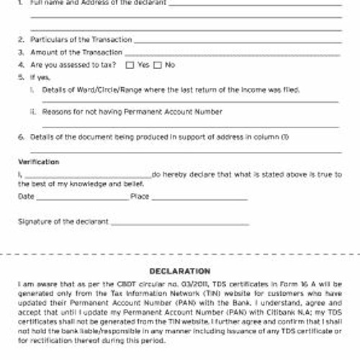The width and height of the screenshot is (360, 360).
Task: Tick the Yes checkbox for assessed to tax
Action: click(x=130, y=65)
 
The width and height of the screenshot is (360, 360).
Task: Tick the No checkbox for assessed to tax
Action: click(x=158, y=65)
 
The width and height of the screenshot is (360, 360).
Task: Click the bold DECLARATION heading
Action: click(x=179, y=271)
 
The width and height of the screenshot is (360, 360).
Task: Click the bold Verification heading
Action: click(x=38, y=162)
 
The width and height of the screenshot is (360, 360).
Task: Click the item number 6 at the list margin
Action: click(x=22, y=137)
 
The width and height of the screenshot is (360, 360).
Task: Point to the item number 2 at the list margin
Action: click(x=22, y=40)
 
